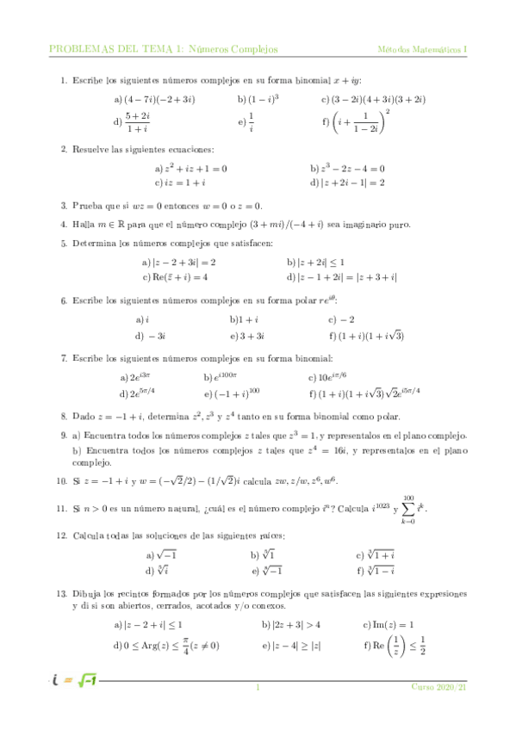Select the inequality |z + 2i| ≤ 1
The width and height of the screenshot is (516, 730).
pos(331,262)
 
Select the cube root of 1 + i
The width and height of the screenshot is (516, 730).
pos(380,555)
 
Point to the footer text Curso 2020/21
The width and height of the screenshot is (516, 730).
pos(438,688)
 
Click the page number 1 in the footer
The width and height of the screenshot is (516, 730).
pos(258,688)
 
